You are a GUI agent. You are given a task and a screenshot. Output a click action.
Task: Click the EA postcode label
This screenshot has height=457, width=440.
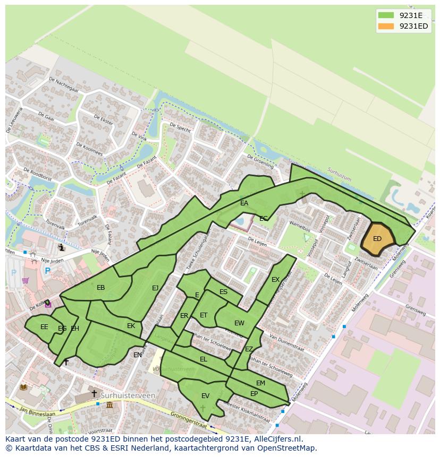[x=244, y=203]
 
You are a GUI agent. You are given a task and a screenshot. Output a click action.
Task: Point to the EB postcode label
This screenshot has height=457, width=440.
[x=101, y=288]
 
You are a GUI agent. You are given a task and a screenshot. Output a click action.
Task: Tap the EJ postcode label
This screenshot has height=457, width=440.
[x=155, y=288]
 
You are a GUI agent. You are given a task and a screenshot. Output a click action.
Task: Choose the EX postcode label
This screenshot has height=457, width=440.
[x=275, y=280]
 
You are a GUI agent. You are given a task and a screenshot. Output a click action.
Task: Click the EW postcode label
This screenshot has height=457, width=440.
[x=239, y=323]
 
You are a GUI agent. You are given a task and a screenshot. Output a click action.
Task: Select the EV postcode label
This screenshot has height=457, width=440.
[x=205, y=395]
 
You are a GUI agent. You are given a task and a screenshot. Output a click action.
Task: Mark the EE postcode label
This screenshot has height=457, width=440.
[x=44, y=327]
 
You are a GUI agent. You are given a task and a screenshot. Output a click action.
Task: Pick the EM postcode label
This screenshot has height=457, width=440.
[x=260, y=383]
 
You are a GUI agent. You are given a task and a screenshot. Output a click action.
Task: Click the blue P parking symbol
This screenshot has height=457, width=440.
[x=47, y=271]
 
